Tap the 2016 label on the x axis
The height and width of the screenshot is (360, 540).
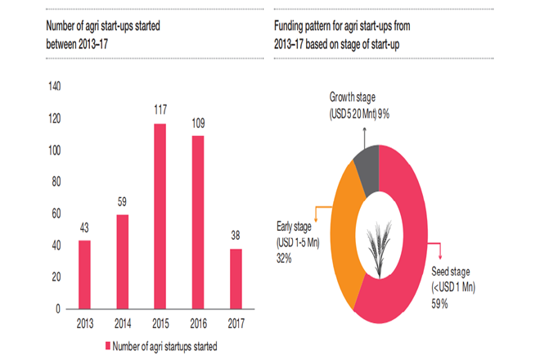pyautogui.click(x=197, y=323)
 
